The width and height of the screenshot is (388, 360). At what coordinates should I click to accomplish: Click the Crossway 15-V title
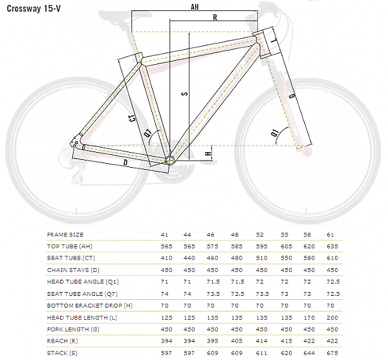tap(34, 8)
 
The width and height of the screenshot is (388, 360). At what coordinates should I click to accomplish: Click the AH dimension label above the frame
tap(195, 6)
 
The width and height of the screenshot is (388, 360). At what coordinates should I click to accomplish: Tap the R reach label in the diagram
tap(215, 17)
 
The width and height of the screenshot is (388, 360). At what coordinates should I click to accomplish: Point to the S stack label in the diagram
tap(185, 94)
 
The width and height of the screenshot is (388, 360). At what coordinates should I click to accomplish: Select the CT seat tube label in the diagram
tap(133, 118)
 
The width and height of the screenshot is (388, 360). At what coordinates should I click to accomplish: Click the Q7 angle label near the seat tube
tap(147, 133)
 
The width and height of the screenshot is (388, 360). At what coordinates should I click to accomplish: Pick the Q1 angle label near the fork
tap(275, 133)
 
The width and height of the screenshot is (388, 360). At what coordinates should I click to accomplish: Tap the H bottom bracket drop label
tap(208, 153)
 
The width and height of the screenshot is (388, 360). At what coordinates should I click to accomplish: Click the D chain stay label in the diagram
tap(125, 163)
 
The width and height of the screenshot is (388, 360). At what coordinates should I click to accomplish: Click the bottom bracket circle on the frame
tap(169, 161)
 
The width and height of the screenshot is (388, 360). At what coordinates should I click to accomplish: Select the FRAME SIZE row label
tap(65, 234)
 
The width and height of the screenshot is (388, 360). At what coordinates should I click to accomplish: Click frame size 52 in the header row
tap(259, 234)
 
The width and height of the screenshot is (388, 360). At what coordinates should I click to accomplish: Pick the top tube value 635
tap(332, 246)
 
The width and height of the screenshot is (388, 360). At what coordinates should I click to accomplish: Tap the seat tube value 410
tap(167, 258)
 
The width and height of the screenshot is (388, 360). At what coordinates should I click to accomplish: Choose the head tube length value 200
tap(332, 318)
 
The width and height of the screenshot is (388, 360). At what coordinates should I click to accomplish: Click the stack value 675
tap(332, 353)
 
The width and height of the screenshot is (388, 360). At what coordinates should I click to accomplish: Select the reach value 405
tap(237, 341)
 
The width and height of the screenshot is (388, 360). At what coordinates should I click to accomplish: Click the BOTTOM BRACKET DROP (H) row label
tap(90, 306)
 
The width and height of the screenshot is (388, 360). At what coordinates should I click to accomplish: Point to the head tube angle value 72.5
tap(333, 282)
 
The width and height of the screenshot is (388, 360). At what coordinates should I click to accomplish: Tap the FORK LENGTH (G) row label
tap(73, 330)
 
